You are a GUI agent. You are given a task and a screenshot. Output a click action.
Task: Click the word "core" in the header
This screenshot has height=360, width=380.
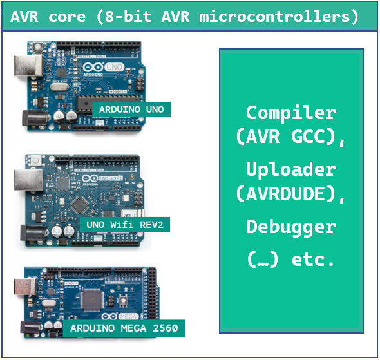click(x=67, y=17)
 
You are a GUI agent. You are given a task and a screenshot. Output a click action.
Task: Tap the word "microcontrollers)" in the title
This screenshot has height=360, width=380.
click(x=279, y=17)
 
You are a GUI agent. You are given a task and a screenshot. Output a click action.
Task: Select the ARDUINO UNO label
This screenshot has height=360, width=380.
click(x=131, y=109)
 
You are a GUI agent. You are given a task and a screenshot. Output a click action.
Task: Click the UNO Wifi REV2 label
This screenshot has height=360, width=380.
click(x=125, y=225)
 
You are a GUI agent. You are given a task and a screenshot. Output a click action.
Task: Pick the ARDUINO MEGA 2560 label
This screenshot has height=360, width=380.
click(x=124, y=328)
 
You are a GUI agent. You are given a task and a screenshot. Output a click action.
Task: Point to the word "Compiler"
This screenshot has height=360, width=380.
click(x=291, y=113)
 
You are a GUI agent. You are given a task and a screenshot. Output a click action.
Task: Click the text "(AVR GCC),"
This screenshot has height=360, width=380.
click(x=290, y=137)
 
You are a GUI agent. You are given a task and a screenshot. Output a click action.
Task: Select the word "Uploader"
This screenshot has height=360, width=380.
click(x=291, y=169)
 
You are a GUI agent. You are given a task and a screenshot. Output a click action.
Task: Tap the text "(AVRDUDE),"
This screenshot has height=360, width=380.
click(x=290, y=194)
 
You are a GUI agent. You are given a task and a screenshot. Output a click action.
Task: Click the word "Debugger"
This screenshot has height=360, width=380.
click(x=291, y=227)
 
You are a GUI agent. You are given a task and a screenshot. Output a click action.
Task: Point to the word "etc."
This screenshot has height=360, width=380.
click(x=312, y=260)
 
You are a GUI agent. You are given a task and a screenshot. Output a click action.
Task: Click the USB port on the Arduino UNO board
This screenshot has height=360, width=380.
click(x=28, y=66)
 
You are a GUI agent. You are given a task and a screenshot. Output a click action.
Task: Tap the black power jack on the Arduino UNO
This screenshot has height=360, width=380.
click(x=35, y=118)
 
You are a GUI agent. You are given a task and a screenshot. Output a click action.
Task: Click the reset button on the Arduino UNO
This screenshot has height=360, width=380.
click(x=37, y=46)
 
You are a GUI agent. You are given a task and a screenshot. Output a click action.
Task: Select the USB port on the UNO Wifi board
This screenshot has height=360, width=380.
click(x=28, y=180)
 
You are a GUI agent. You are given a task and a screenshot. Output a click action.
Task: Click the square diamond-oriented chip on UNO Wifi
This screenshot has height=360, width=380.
click(x=79, y=205)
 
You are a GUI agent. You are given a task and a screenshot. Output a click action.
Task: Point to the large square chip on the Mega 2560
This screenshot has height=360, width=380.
click(x=91, y=301)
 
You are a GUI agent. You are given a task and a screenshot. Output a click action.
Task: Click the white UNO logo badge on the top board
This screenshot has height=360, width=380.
click(x=114, y=67)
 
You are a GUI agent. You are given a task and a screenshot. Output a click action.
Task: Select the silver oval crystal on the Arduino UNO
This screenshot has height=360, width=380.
click(x=59, y=87)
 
